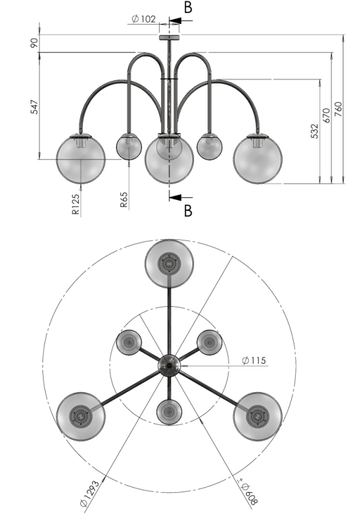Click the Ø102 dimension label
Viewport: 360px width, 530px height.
pos(143,19)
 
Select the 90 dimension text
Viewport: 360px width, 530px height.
pos(34,43)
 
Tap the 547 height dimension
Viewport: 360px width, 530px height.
pos(34,107)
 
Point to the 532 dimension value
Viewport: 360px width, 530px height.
pos(314,131)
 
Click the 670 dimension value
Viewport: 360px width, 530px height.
pos(326,115)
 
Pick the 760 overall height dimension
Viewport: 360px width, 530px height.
pos(338,109)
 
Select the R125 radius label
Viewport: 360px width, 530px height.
pos(76,204)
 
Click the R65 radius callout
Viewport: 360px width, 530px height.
pos(124,199)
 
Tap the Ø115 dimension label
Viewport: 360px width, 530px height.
pos(254,360)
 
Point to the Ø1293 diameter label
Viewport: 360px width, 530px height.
pos(90,493)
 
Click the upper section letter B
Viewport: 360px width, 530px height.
pos(188,7)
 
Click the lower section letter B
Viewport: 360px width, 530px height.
pos(188,211)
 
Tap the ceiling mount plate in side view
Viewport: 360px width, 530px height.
pos(170,37)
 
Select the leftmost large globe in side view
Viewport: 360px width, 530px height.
pos(81,159)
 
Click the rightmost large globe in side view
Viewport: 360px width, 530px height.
pos(257,159)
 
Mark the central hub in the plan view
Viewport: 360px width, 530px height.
pos(169,366)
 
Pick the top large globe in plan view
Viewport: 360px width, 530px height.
pos(169,264)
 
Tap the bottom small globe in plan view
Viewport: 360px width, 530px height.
pos(169,412)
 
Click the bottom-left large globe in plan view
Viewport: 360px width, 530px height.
pos(81,417)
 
